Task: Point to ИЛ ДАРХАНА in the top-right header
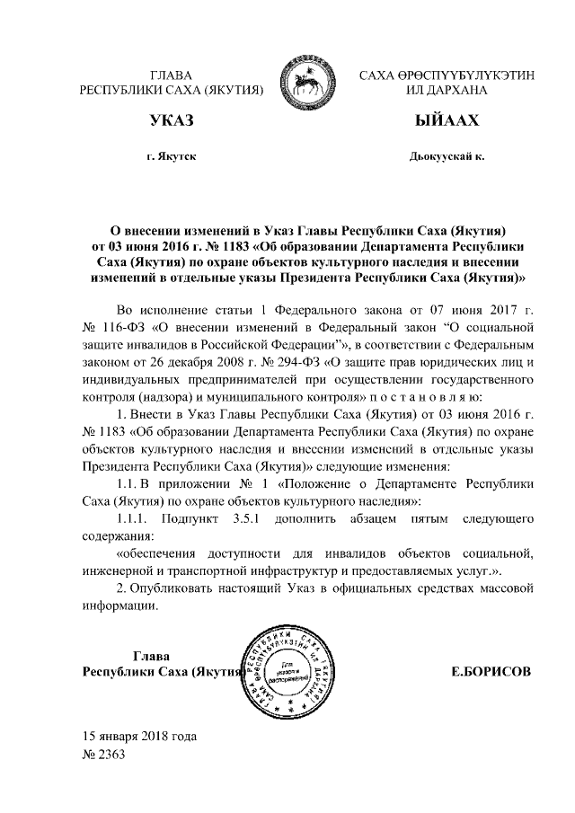pyautogui.click(x=447, y=91)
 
